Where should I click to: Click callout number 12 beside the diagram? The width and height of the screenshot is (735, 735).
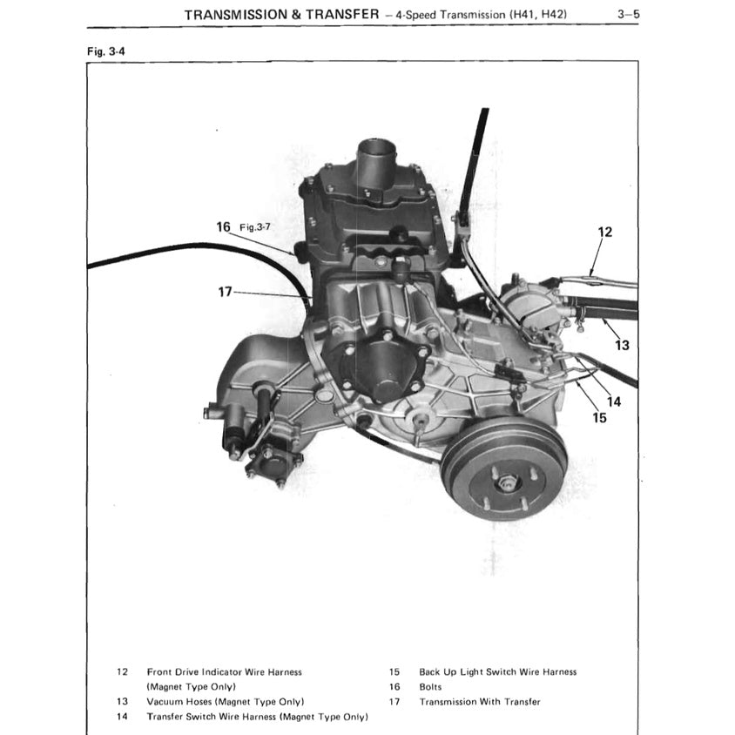coord(604,232)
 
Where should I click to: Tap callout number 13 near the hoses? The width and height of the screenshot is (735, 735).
coord(622,346)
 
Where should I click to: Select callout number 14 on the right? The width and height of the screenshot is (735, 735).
coord(614,401)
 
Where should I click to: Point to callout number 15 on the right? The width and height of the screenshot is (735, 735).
coord(599,418)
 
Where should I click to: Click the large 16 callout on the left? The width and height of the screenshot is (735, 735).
coord(223,227)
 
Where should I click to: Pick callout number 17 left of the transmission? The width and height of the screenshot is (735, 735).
coord(225,292)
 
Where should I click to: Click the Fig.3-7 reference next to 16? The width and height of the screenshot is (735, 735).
coord(255,227)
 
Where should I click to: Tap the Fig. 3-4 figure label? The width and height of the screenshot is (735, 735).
coord(106,51)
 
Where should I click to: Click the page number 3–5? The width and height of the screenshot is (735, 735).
coord(628,14)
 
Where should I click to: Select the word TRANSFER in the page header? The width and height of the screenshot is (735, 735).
coord(342,15)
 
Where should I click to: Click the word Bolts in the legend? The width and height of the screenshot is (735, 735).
coord(430,687)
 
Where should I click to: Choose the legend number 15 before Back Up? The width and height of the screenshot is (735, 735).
coord(394,671)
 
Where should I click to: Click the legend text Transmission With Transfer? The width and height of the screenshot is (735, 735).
coord(480,702)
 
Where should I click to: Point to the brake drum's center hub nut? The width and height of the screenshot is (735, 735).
coord(507,482)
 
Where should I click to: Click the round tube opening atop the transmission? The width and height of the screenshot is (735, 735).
coord(376,145)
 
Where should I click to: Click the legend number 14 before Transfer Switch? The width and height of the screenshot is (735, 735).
coord(122,717)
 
